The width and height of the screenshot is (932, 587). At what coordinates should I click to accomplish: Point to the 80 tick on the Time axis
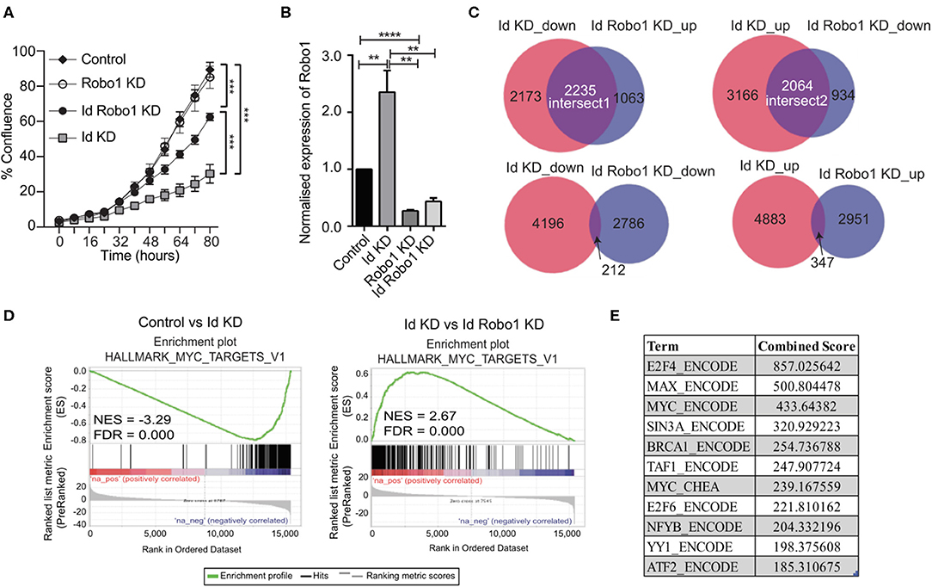pyautogui.click(x=208, y=241)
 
